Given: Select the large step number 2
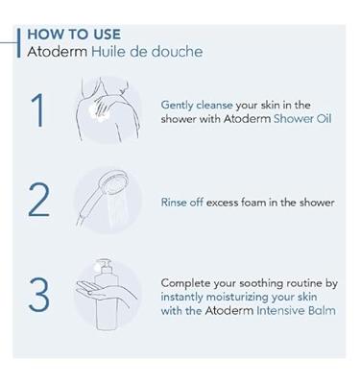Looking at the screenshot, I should point(38,201).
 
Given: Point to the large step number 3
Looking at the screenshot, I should point(38,295).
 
